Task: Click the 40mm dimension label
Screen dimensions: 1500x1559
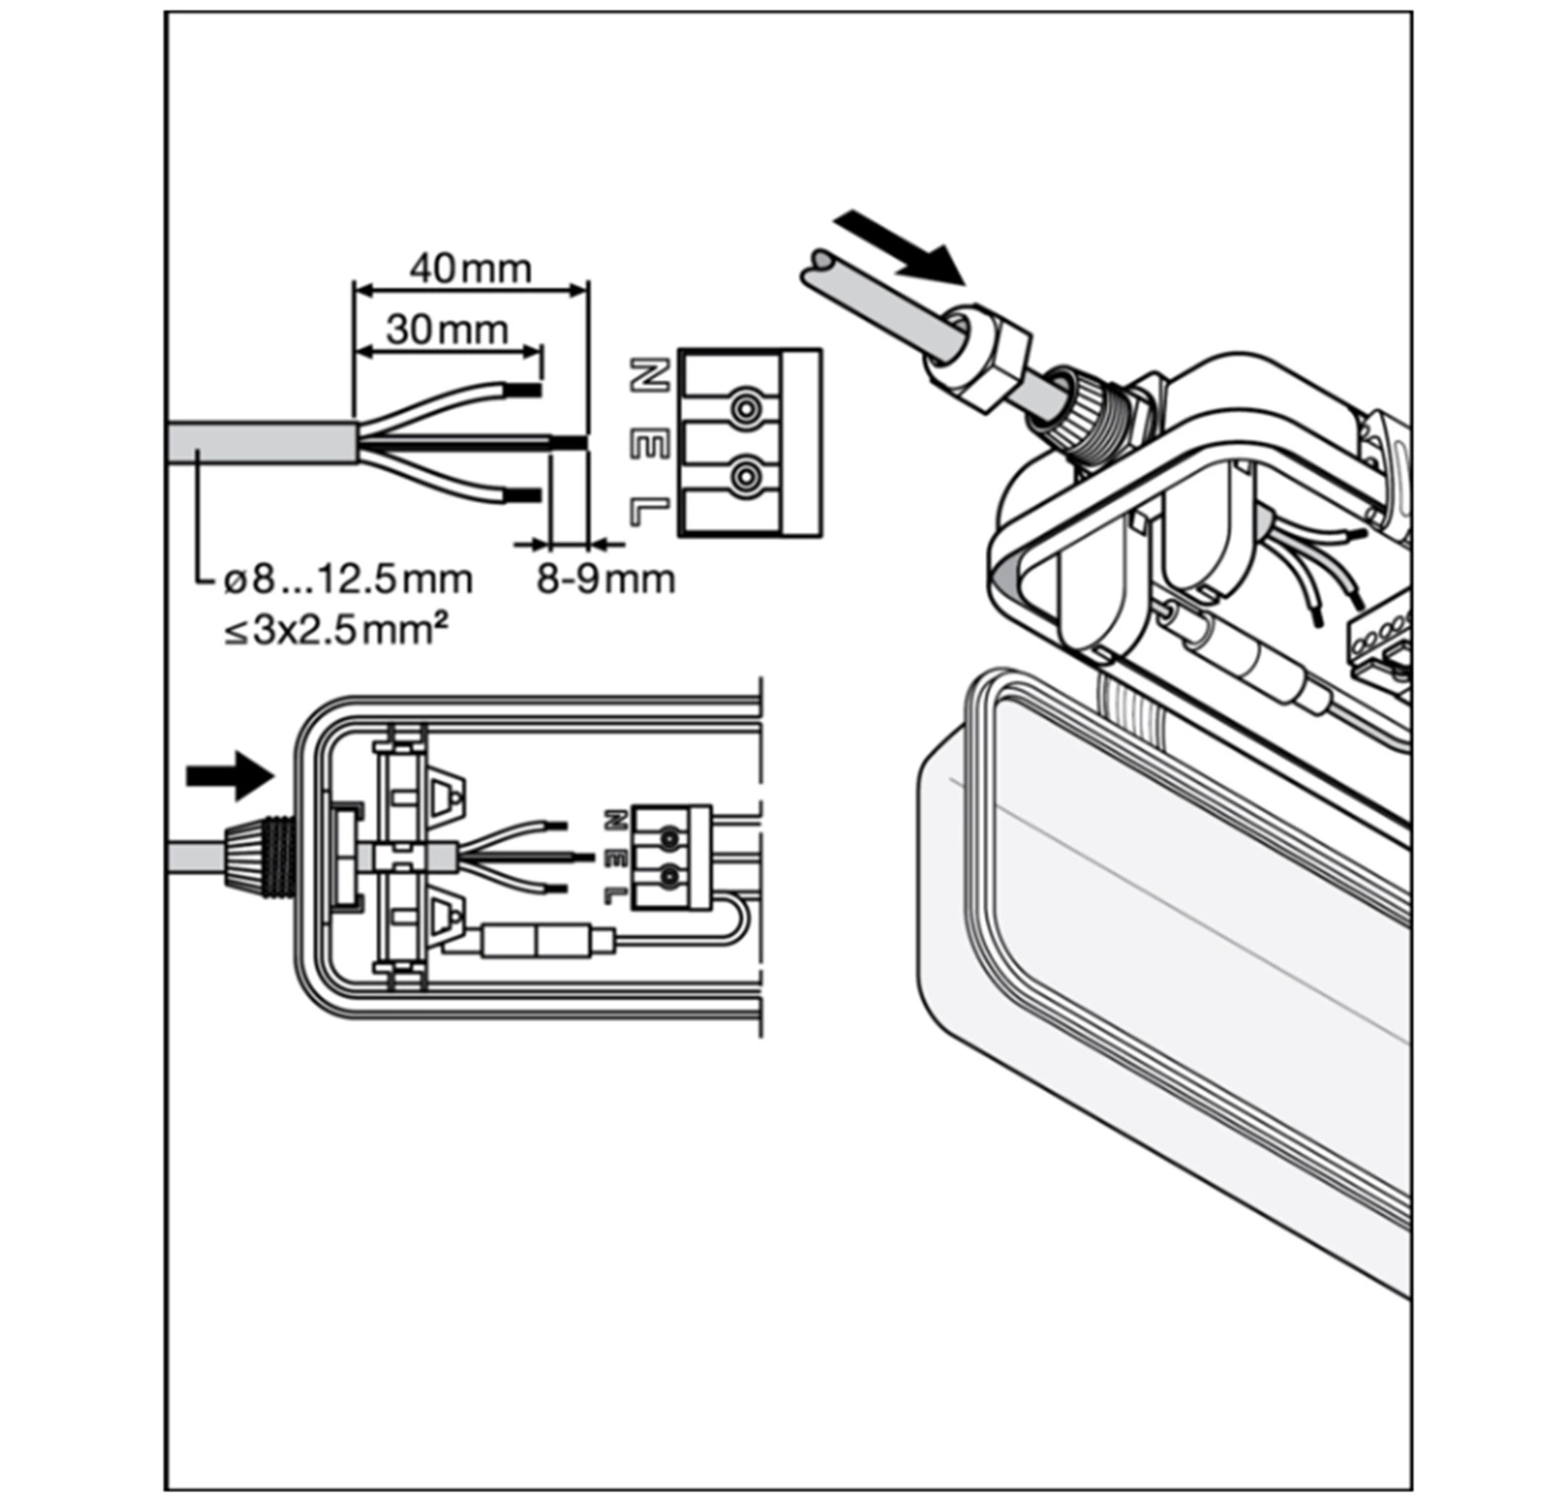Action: pos(471,269)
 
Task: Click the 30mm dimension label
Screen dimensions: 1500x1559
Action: pos(447,329)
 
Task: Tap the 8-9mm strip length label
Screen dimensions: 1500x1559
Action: pos(605,579)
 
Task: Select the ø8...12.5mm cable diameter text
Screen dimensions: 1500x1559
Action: pos(348,580)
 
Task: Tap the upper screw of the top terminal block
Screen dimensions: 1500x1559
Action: pos(745,406)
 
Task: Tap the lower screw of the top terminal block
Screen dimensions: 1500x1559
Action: pos(745,476)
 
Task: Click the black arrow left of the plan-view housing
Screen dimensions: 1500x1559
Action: pos(228,775)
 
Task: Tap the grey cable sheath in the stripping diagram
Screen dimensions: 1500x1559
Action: pos(258,442)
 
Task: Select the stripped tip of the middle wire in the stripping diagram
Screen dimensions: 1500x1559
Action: pos(570,443)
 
